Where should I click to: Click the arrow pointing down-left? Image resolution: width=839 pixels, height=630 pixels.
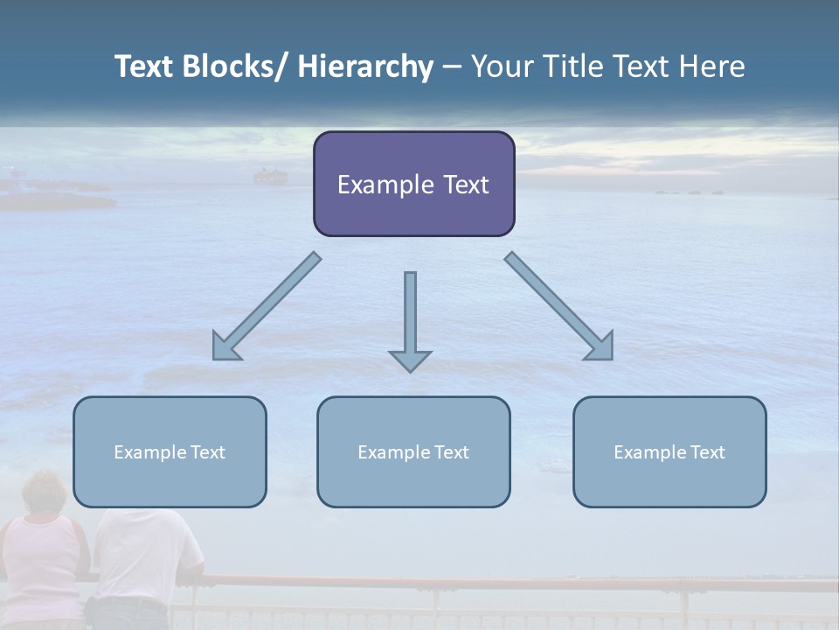(266, 307)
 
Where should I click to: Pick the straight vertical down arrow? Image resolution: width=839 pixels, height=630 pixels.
(410, 315)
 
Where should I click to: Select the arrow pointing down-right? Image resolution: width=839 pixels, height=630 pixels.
(559, 306)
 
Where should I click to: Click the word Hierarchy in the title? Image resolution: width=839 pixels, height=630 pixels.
(365, 66)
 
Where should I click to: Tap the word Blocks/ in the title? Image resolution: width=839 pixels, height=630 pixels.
(237, 66)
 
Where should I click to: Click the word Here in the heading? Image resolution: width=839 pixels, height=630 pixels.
(713, 66)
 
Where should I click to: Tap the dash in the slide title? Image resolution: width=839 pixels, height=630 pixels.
(452, 67)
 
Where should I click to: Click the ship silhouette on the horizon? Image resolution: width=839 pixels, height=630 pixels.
(270, 176)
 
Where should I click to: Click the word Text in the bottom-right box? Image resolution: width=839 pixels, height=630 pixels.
(707, 452)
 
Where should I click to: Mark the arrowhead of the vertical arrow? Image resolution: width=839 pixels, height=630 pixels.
(410, 360)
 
